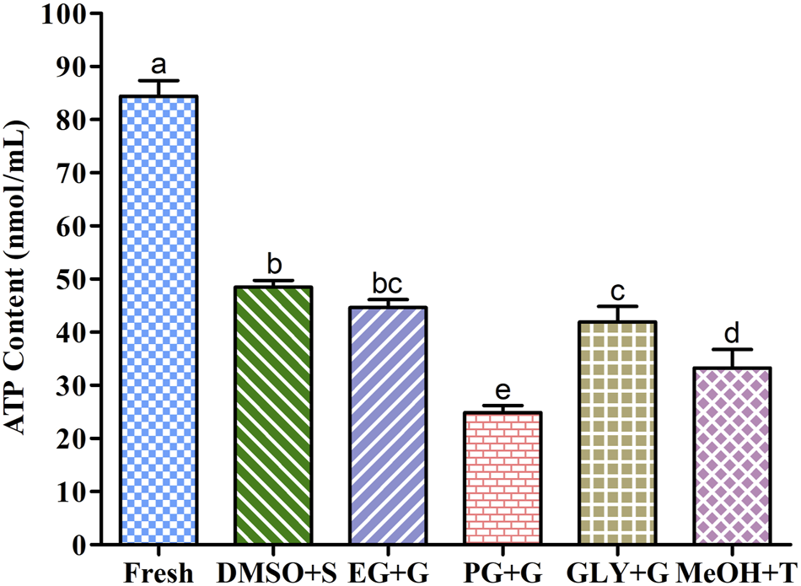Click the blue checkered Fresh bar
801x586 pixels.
159,320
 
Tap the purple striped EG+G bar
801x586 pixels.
389,426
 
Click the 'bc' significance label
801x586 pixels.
389,283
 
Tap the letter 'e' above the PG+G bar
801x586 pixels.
503,390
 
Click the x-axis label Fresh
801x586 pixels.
159,573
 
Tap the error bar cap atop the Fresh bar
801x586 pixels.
159,81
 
